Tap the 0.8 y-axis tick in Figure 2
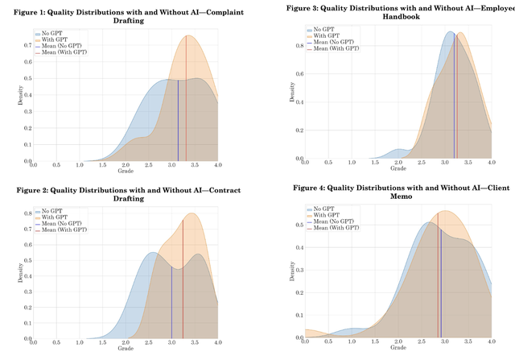[x=27, y=214]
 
